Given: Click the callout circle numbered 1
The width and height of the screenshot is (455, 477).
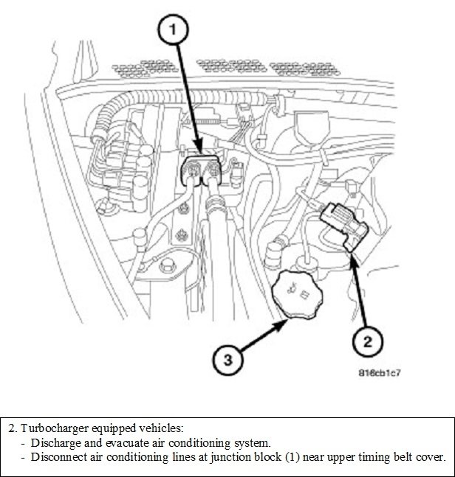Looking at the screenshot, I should (172, 29).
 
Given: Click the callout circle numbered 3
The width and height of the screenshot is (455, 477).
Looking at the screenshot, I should (229, 360).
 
